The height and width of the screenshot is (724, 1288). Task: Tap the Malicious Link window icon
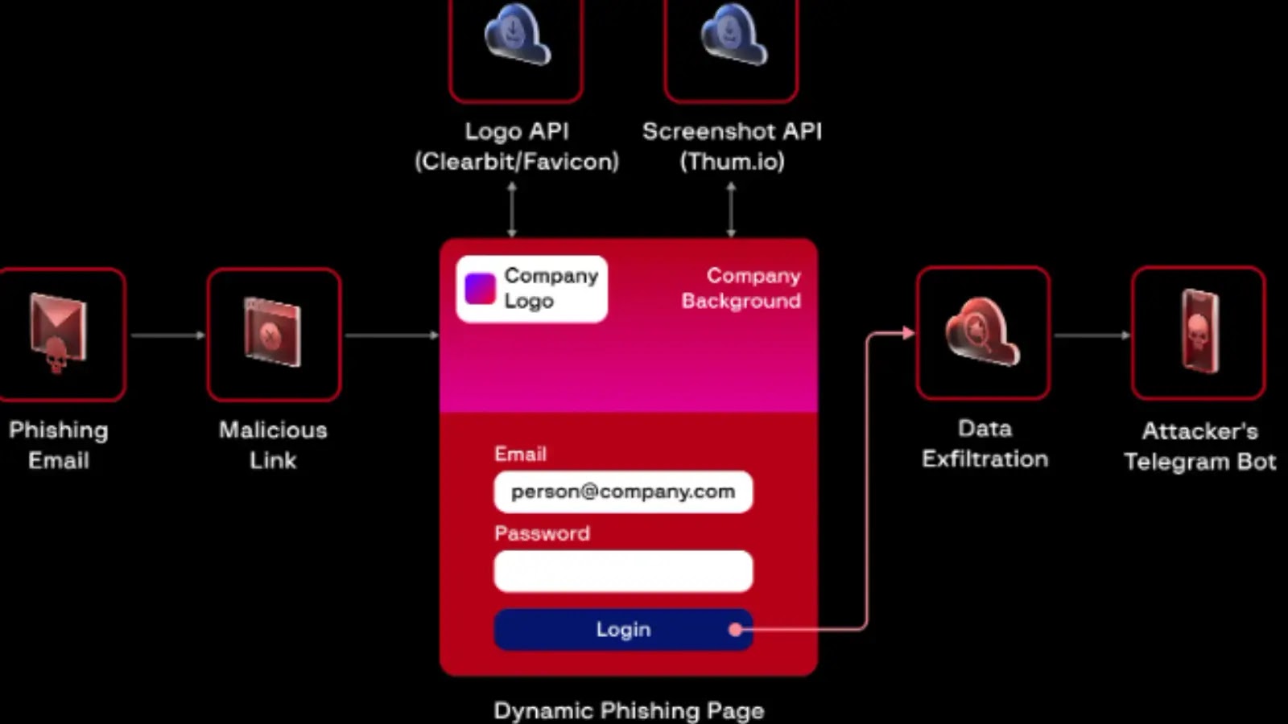coord(273,332)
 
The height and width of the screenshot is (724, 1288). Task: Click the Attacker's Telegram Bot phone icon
coord(1199,331)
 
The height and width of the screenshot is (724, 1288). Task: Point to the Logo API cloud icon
coord(517,36)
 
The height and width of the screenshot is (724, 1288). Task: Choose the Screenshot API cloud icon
coord(733,36)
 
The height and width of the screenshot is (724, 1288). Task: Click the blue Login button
coord(622,629)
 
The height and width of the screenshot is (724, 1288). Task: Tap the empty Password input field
coord(622,570)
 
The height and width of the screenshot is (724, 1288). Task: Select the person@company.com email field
coord(622,492)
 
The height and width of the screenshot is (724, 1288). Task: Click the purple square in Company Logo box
coord(480,289)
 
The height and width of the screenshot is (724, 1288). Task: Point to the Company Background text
coord(741,288)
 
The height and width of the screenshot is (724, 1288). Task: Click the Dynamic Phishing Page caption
coord(629,710)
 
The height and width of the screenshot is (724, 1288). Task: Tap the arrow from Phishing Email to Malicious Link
coord(167,335)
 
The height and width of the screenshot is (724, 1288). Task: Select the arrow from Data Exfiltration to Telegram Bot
coord(1092,335)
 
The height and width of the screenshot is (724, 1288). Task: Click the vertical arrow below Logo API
coord(512,209)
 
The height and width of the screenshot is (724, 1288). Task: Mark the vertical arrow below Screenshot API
coord(731,209)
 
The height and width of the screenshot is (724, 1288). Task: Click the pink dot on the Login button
coord(735,629)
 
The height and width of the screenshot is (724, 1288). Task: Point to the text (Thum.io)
coord(732,162)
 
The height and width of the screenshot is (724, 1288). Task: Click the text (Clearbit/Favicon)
coord(517,162)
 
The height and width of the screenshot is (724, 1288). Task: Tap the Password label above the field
coord(542,533)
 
